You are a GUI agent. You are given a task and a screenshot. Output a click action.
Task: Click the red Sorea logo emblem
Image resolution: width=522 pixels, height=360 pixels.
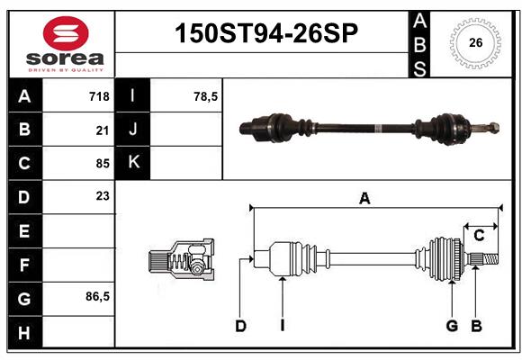coord(66,33)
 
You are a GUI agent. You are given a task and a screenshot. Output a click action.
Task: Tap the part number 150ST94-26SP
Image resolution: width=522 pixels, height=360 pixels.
coord(266,33)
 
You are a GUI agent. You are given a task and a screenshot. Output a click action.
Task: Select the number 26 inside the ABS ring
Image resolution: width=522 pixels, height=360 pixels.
coord(475,42)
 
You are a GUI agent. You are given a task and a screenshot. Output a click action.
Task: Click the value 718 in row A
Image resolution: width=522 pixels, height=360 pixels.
coord(99,96)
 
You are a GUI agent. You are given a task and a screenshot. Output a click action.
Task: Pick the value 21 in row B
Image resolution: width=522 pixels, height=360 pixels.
coord(103,130)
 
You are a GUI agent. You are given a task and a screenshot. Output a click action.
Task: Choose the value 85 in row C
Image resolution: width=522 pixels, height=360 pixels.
coord(103,164)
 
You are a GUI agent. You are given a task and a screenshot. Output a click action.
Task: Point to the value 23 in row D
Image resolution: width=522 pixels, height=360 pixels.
coord(103,196)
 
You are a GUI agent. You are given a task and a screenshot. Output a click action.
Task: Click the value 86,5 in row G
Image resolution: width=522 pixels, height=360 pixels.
coord(97,296)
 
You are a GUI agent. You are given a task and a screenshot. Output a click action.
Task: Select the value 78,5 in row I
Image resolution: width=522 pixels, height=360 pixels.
coord(206,96)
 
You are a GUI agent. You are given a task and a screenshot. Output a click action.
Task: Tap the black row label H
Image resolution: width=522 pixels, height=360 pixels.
coord(25,332)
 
